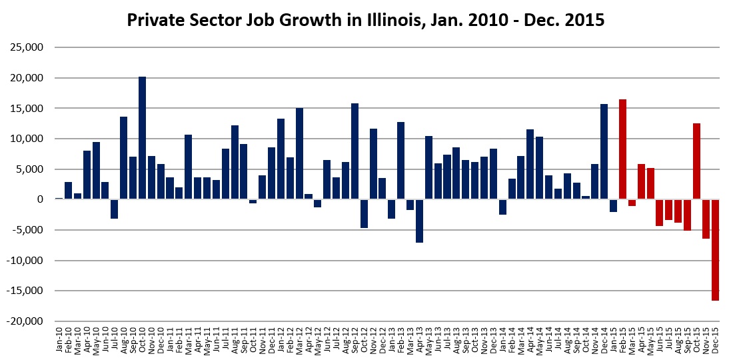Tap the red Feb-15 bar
622,149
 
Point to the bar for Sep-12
355,151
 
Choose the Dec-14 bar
604,151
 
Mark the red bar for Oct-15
696,161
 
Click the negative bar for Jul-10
115,209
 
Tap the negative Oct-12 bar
364,213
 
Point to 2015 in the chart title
586,21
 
